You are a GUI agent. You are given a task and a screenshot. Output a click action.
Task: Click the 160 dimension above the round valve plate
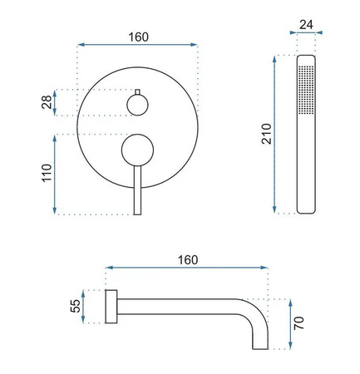(x=138, y=37)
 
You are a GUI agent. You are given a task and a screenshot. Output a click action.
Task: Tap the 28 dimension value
(x=47, y=102)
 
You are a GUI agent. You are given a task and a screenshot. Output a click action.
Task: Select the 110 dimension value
(x=47, y=173)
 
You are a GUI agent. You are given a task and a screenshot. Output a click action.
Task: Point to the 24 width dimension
(x=306, y=25)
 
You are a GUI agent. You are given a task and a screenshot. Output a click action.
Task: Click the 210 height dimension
(x=267, y=134)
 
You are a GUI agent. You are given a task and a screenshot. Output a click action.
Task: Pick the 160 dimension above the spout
(x=188, y=260)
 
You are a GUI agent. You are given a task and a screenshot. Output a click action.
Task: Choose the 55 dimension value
(x=75, y=306)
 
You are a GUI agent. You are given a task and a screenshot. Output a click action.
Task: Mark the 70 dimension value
(x=299, y=323)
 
